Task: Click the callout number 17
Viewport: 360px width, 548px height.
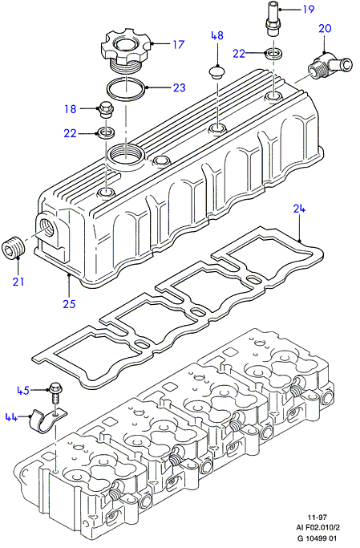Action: pyautogui.click(x=178, y=44)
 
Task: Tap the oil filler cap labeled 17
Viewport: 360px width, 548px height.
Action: pyautogui.click(x=127, y=52)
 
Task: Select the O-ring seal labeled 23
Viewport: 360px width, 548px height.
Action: pyautogui.click(x=127, y=90)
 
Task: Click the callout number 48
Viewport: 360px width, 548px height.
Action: pyautogui.click(x=216, y=35)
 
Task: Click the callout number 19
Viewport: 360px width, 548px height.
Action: pyautogui.click(x=308, y=9)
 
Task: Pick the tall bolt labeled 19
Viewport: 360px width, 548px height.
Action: pyautogui.click(x=273, y=19)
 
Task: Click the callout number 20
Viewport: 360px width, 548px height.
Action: pyautogui.click(x=325, y=28)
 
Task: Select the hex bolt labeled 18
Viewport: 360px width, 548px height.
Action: pyautogui.click(x=104, y=110)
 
